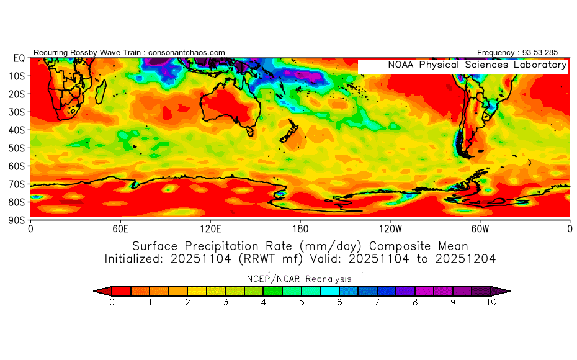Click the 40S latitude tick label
click(19, 130)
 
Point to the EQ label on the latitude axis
click(19, 58)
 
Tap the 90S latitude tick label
click(19, 220)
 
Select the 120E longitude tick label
click(210, 228)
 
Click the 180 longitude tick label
click(300, 228)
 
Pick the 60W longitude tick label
click(480, 228)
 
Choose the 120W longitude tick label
click(390, 228)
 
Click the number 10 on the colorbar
click(491, 302)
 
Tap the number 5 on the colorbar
click(302, 302)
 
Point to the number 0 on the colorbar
click(112, 302)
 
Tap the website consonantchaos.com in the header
click(187, 53)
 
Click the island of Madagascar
click(100, 93)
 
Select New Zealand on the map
click(289, 133)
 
